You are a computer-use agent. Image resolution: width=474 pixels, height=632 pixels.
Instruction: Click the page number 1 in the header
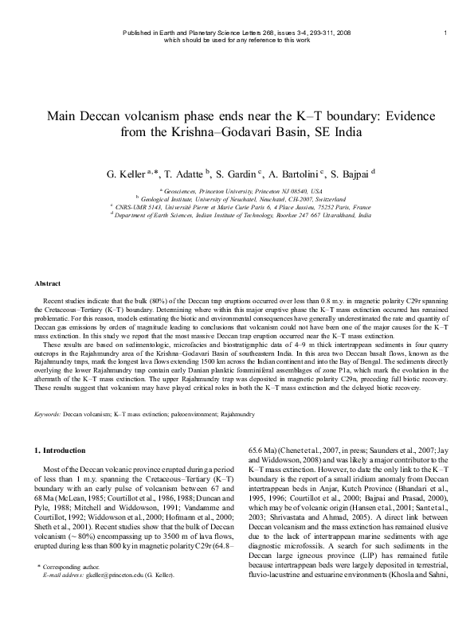[445, 32]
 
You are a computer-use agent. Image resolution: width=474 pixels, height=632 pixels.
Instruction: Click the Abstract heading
[49, 283]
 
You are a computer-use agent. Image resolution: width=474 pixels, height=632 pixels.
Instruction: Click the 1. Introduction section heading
[64, 451]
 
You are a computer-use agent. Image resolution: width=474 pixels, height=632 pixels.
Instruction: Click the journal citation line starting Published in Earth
[237, 32]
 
